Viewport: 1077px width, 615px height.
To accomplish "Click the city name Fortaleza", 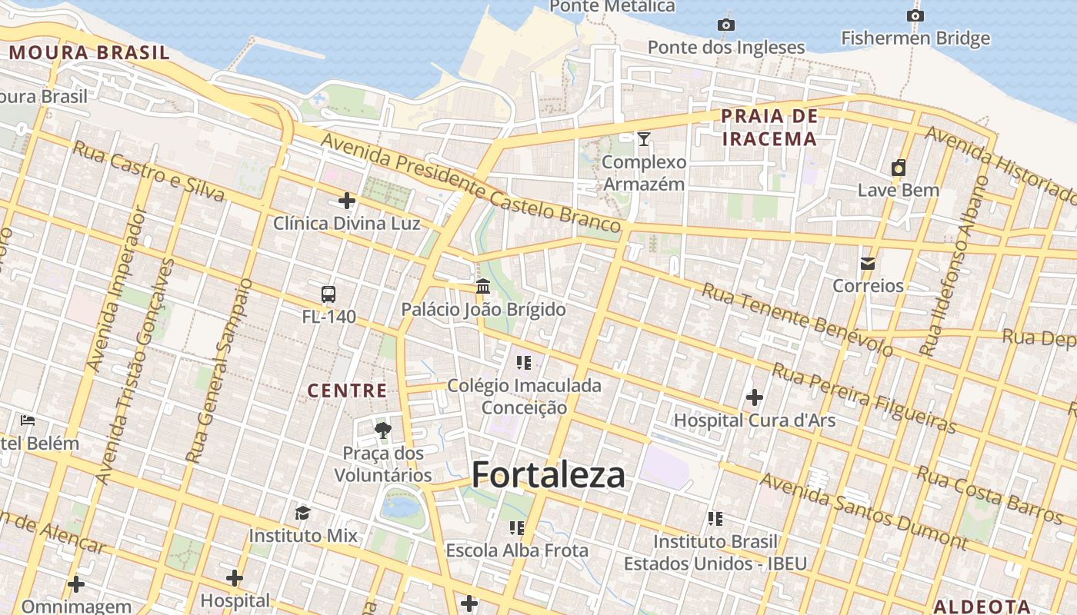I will tap(548, 475).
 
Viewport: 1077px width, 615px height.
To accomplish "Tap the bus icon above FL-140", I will tap(328, 294).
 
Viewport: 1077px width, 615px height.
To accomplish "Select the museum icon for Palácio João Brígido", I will tap(483, 287).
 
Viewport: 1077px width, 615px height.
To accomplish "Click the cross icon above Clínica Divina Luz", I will tap(347, 201).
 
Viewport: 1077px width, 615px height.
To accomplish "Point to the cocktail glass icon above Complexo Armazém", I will tap(644, 139).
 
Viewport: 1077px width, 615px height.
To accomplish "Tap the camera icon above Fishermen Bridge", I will tap(915, 15).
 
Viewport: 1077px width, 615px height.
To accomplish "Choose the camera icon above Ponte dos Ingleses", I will tap(725, 25).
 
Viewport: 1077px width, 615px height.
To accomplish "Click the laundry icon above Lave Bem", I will tap(898, 168).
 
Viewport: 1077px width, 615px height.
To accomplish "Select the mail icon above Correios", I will tap(868, 264).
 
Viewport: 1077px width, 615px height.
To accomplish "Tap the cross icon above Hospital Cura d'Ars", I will tap(754, 397).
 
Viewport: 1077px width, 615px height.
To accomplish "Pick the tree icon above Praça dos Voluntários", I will tap(382, 430).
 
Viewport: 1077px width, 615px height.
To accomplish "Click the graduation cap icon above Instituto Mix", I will tap(302, 513).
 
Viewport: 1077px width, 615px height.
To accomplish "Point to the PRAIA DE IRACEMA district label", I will tap(769, 128).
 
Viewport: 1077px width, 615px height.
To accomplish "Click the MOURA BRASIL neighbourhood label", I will tap(89, 53).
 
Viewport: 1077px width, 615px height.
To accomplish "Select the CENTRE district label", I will tap(348, 391).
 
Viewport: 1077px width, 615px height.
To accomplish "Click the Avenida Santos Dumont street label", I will tap(863, 511).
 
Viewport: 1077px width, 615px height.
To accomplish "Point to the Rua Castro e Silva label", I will tap(148, 171).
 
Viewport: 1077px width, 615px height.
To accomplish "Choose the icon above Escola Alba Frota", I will tap(516, 528).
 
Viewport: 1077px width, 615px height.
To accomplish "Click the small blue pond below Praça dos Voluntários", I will tap(401, 507).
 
